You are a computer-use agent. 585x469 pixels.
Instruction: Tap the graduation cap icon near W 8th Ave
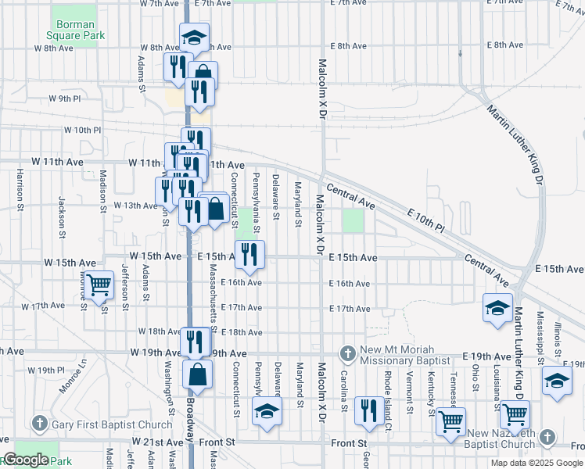tap(194, 36)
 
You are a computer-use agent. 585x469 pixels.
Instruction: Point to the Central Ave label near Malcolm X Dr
tap(352, 196)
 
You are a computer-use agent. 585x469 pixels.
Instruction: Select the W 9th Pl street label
tap(64, 98)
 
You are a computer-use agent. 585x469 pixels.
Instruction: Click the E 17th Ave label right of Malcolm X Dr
tap(350, 310)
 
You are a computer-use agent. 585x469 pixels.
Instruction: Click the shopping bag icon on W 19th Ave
tap(197, 374)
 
